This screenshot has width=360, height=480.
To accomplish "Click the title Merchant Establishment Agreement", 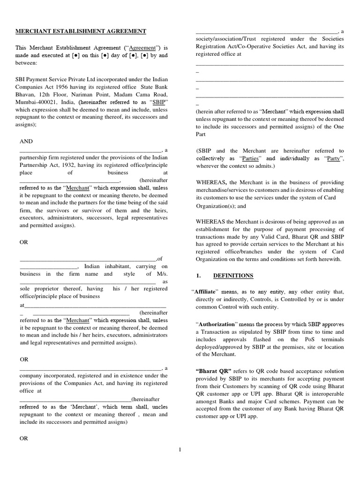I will [82, 31].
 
